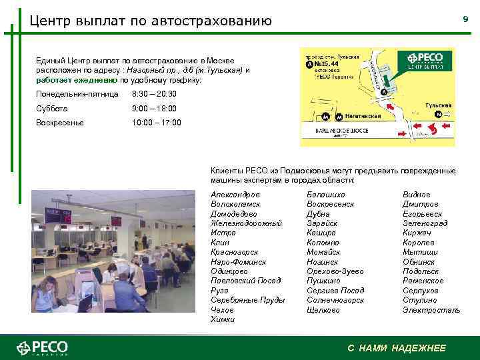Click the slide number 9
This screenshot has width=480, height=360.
coord(465,20)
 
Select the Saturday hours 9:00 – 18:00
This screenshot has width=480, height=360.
coord(154,108)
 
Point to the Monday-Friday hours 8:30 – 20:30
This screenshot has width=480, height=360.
coord(155,94)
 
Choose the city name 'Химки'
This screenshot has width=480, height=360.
coord(223,319)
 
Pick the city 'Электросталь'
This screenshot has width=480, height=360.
coord(431,310)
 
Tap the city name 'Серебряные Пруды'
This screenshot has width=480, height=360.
coord(247,300)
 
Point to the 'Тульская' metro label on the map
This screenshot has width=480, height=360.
coord(438,105)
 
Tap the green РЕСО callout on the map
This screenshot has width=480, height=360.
coord(424,61)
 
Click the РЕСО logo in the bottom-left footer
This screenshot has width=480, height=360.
coord(43,348)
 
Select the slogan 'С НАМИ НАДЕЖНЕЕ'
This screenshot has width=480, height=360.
coord(397,348)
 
